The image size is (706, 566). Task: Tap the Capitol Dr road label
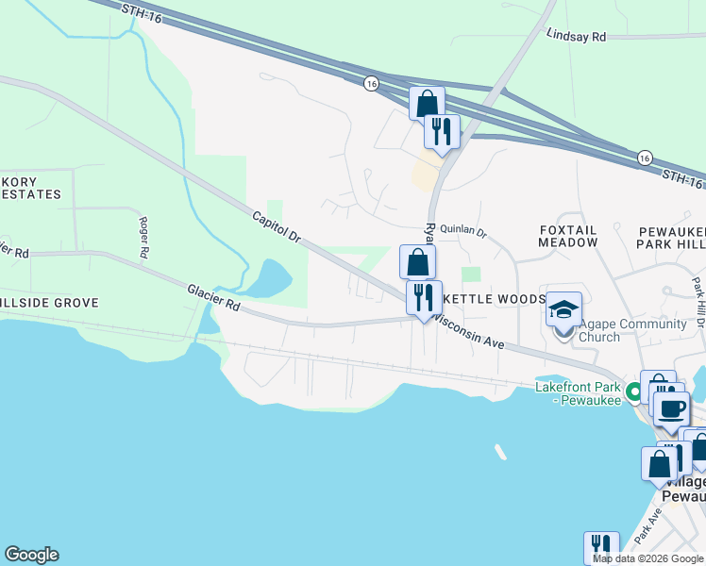coord(276,228)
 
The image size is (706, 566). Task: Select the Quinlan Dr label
coord(462,231)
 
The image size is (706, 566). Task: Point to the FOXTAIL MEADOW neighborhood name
coord(568,236)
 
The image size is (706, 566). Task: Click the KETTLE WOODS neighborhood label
coord(495,298)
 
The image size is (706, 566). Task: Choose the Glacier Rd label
coord(213,299)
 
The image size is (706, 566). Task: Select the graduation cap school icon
coord(563,309)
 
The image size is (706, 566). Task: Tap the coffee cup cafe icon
coord(671,408)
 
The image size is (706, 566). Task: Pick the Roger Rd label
coord(144,238)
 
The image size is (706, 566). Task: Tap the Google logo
coord(31,555)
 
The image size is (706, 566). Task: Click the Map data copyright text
coord(647,558)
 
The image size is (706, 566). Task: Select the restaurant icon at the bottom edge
coord(600,547)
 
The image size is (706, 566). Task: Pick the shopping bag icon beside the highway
coord(427,103)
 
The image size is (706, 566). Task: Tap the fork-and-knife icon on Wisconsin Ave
coord(424,297)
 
